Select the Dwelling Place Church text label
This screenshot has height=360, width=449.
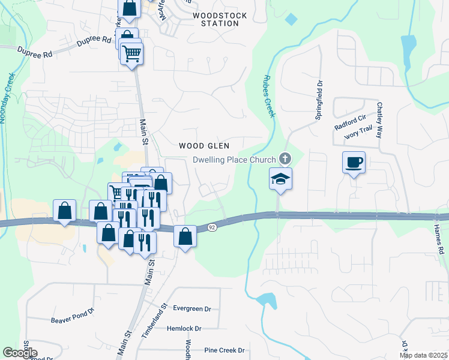[234, 160]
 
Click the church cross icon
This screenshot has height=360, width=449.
[285, 160]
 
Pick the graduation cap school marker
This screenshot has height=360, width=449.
[280, 178]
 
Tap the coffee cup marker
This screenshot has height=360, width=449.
[354, 161]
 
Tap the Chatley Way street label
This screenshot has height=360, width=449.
[379, 119]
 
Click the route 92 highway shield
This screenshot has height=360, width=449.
[212, 227]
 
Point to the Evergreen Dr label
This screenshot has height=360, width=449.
[192, 308]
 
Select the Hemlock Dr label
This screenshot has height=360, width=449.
[184, 328]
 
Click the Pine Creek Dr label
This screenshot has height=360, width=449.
[224, 350]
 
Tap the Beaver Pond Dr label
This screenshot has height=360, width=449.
[73, 312]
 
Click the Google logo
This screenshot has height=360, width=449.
[20, 353]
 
